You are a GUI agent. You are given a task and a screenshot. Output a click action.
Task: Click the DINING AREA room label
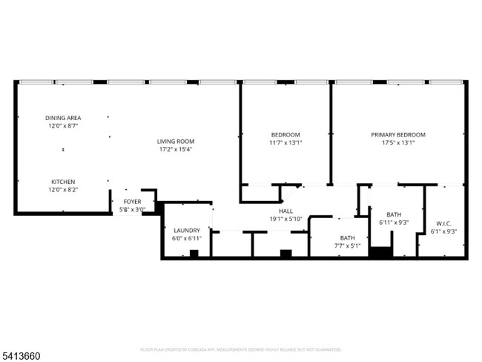[63, 118]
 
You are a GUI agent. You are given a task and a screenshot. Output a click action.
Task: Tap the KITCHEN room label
[63, 182]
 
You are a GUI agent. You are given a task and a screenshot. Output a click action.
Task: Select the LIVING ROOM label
[175, 142]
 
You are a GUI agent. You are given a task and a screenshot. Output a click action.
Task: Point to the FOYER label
[132, 202]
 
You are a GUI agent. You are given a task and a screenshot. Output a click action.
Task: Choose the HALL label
[285, 211]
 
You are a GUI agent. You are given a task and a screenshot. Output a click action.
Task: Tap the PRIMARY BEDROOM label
[398, 135]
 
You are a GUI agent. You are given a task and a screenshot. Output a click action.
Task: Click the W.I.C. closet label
[443, 223]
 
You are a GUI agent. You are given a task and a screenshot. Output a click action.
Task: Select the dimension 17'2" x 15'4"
[175, 150]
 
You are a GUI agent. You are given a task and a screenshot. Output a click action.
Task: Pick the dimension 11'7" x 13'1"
[285, 143]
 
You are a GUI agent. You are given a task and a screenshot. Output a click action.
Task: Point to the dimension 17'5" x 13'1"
[398, 143]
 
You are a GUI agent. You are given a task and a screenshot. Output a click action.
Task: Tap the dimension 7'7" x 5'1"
[346, 246]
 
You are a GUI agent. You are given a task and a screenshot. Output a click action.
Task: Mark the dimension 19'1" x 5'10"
[285, 219]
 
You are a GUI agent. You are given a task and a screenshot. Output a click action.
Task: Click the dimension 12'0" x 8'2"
[63, 190]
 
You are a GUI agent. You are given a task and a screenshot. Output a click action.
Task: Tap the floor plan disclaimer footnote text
[240, 349]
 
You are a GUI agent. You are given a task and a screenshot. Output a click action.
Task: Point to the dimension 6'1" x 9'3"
[443, 231]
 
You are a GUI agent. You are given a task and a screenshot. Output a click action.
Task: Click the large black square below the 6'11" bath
[380, 252]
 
